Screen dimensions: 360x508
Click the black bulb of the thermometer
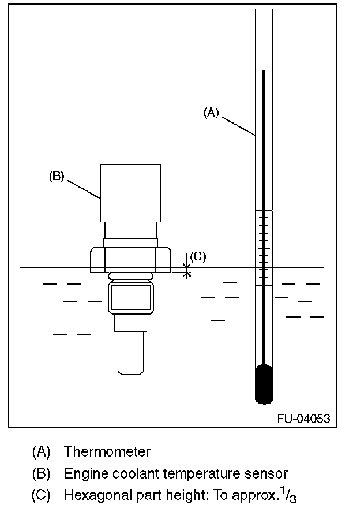pos(264,384)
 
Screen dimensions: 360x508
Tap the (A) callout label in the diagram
pos(211,113)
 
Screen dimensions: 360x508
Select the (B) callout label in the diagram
pos(57,176)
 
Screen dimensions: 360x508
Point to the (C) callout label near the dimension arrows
pos(198,256)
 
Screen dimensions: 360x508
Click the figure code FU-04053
pos(303,419)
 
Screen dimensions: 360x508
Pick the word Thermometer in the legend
pos(107,451)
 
